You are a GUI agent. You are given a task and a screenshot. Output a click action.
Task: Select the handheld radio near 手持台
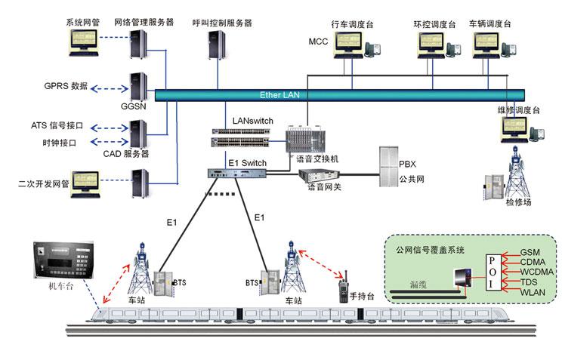[x=343, y=288]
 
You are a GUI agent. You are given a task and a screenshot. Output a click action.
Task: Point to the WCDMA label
[x=537, y=271]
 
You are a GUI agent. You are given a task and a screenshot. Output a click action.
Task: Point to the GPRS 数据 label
[x=66, y=87]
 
